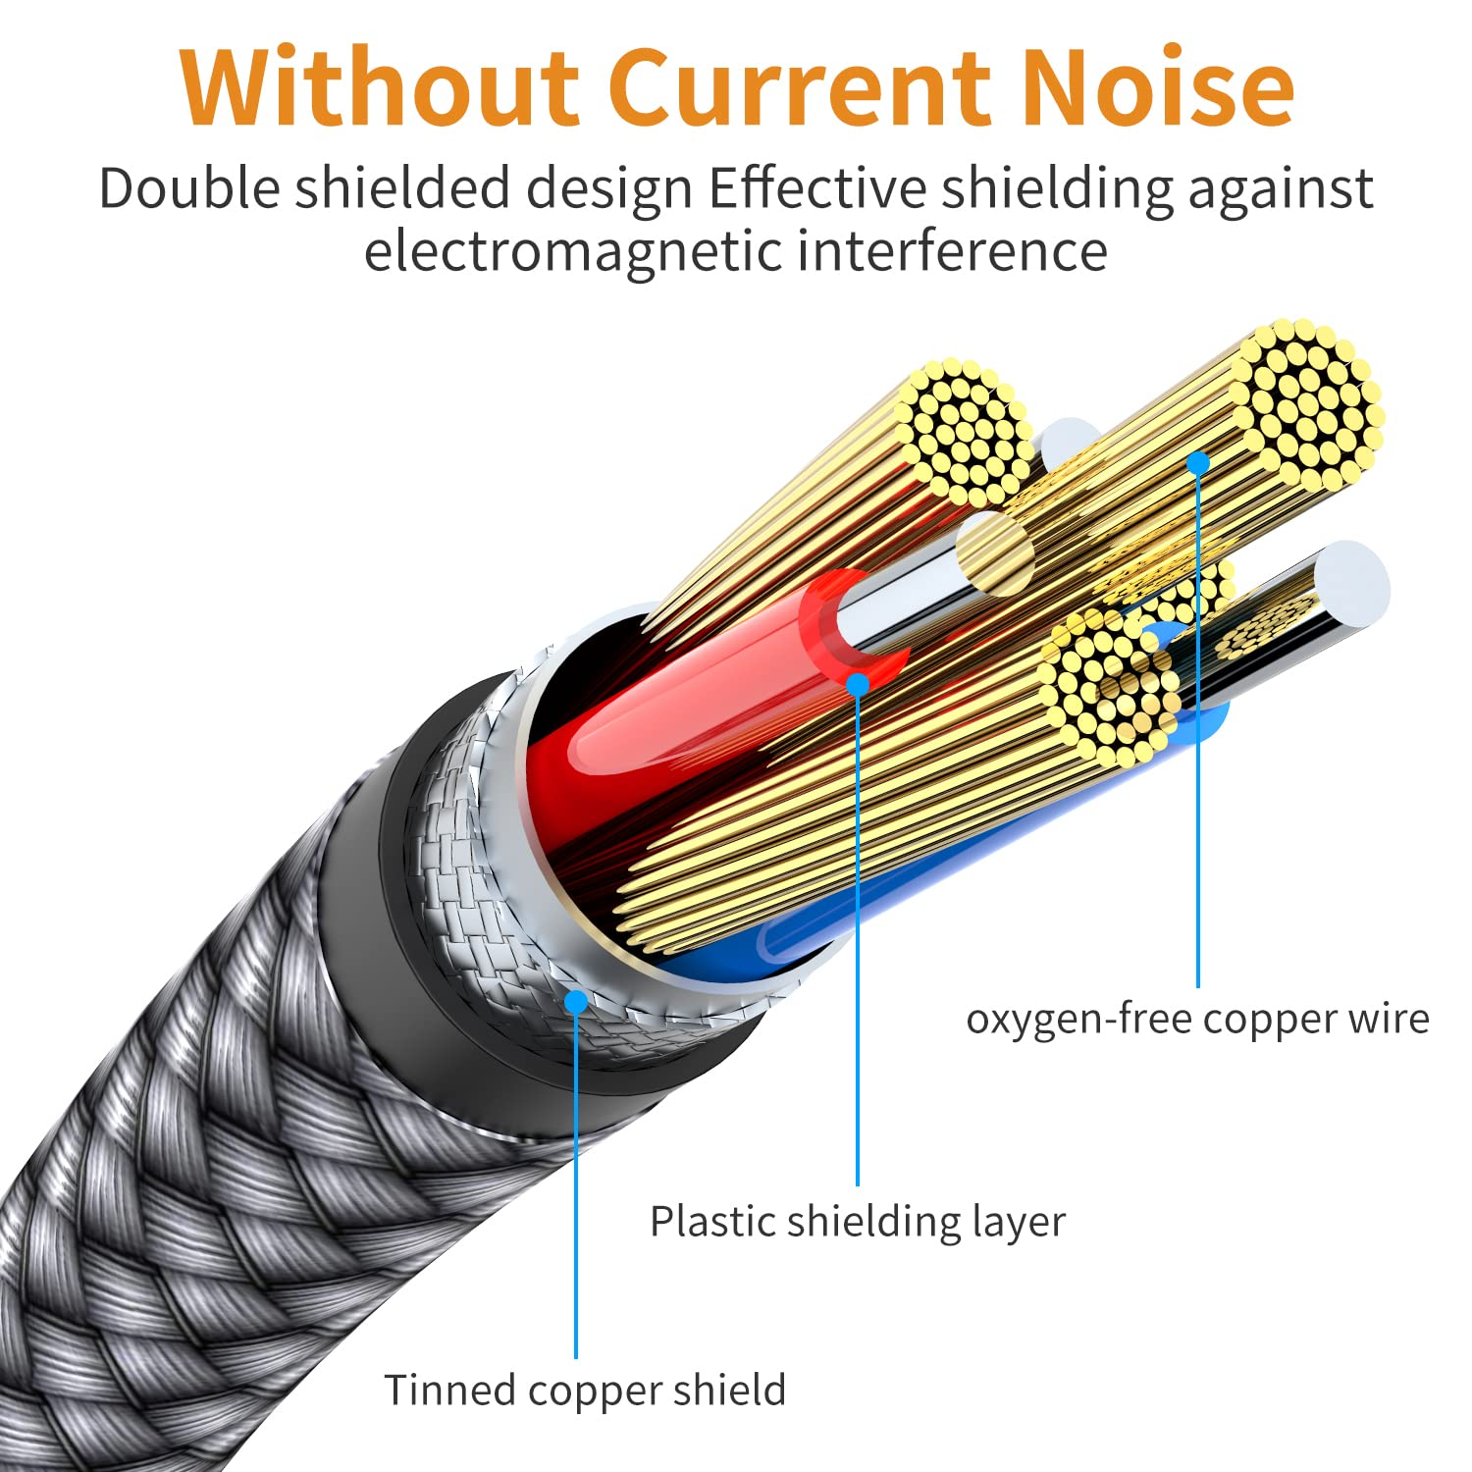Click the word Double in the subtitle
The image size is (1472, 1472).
tap(188, 187)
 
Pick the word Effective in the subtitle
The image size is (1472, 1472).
tap(816, 187)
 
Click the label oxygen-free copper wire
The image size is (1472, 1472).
tap(1197, 1019)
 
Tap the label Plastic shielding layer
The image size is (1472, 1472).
tap(857, 1222)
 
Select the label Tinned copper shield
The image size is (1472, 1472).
tap(585, 1391)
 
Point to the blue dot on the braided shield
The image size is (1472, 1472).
tap(576, 1002)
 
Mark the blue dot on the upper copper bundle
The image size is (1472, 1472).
tap(1198, 462)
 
